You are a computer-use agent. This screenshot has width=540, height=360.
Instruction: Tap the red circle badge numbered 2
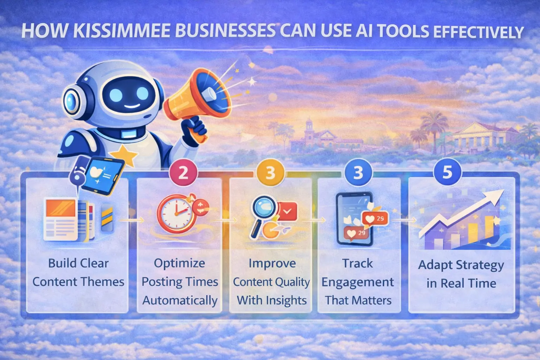coord(183,173)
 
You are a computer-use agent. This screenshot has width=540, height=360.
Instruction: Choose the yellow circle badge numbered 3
coord(270,173)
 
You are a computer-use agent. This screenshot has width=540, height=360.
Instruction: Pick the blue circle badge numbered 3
coord(358,173)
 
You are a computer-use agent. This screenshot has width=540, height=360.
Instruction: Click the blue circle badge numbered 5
coord(447,172)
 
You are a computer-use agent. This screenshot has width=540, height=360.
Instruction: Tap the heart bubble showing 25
coord(375,218)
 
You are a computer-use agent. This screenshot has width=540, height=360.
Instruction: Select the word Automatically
coord(180,301)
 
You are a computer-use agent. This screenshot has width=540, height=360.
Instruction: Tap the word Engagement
coord(358,282)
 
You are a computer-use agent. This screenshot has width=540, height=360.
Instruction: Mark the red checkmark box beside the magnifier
coord(287,211)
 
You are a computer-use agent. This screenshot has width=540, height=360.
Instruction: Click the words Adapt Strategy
coord(461,265)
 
